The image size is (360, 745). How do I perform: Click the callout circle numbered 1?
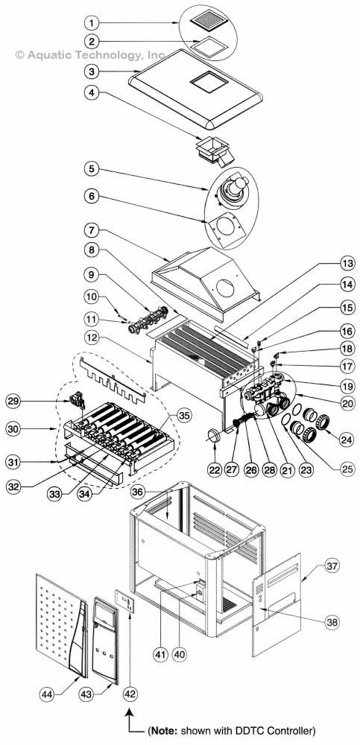point(92,22)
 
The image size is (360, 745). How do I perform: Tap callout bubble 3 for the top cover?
point(92,72)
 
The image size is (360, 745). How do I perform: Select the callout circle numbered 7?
point(92,231)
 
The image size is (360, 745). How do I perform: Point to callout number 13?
point(347,262)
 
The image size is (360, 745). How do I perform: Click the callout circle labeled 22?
point(215,470)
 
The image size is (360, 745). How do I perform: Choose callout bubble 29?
point(13,401)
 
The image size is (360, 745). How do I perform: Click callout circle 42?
point(130,694)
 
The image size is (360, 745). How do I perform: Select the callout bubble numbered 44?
point(47,694)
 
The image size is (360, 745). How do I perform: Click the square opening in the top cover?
point(209,81)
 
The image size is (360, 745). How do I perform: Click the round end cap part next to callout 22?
point(212,436)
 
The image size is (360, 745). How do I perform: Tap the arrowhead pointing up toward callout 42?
point(130,710)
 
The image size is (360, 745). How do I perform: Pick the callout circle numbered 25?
point(347,469)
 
